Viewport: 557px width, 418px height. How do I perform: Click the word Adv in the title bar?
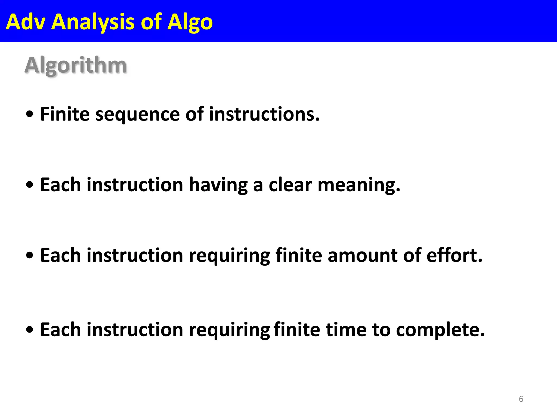click(25, 22)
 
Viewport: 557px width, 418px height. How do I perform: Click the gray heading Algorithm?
click(76, 65)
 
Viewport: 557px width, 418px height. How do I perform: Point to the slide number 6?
click(521, 399)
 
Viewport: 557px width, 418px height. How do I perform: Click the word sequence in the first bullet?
click(137, 114)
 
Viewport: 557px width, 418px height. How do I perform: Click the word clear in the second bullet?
click(290, 185)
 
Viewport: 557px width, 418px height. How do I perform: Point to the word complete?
click(440, 330)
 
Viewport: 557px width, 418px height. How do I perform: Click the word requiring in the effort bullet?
click(229, 256)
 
